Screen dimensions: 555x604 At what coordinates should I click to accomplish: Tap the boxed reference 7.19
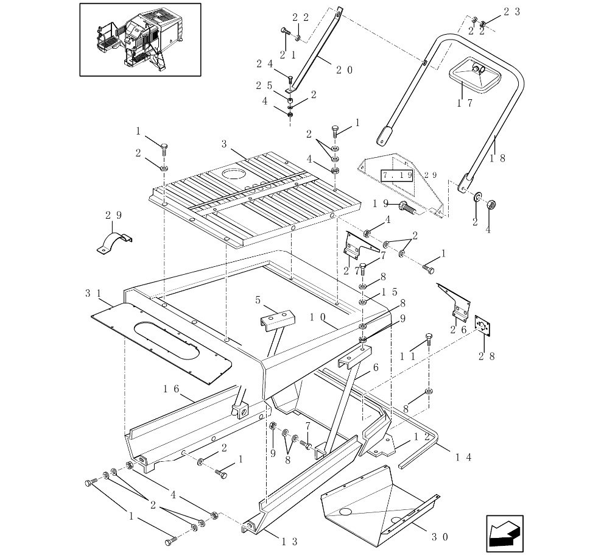397,175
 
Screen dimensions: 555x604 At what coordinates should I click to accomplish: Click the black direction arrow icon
505,532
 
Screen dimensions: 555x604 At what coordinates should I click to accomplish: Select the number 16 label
170,388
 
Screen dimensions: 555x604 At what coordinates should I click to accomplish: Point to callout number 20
344,69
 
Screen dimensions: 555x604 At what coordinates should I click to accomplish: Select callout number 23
512,12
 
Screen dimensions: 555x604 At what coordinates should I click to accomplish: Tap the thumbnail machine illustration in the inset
140,39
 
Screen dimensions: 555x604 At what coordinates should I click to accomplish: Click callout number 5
258,300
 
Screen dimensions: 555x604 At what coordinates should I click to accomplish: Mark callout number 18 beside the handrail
499,157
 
